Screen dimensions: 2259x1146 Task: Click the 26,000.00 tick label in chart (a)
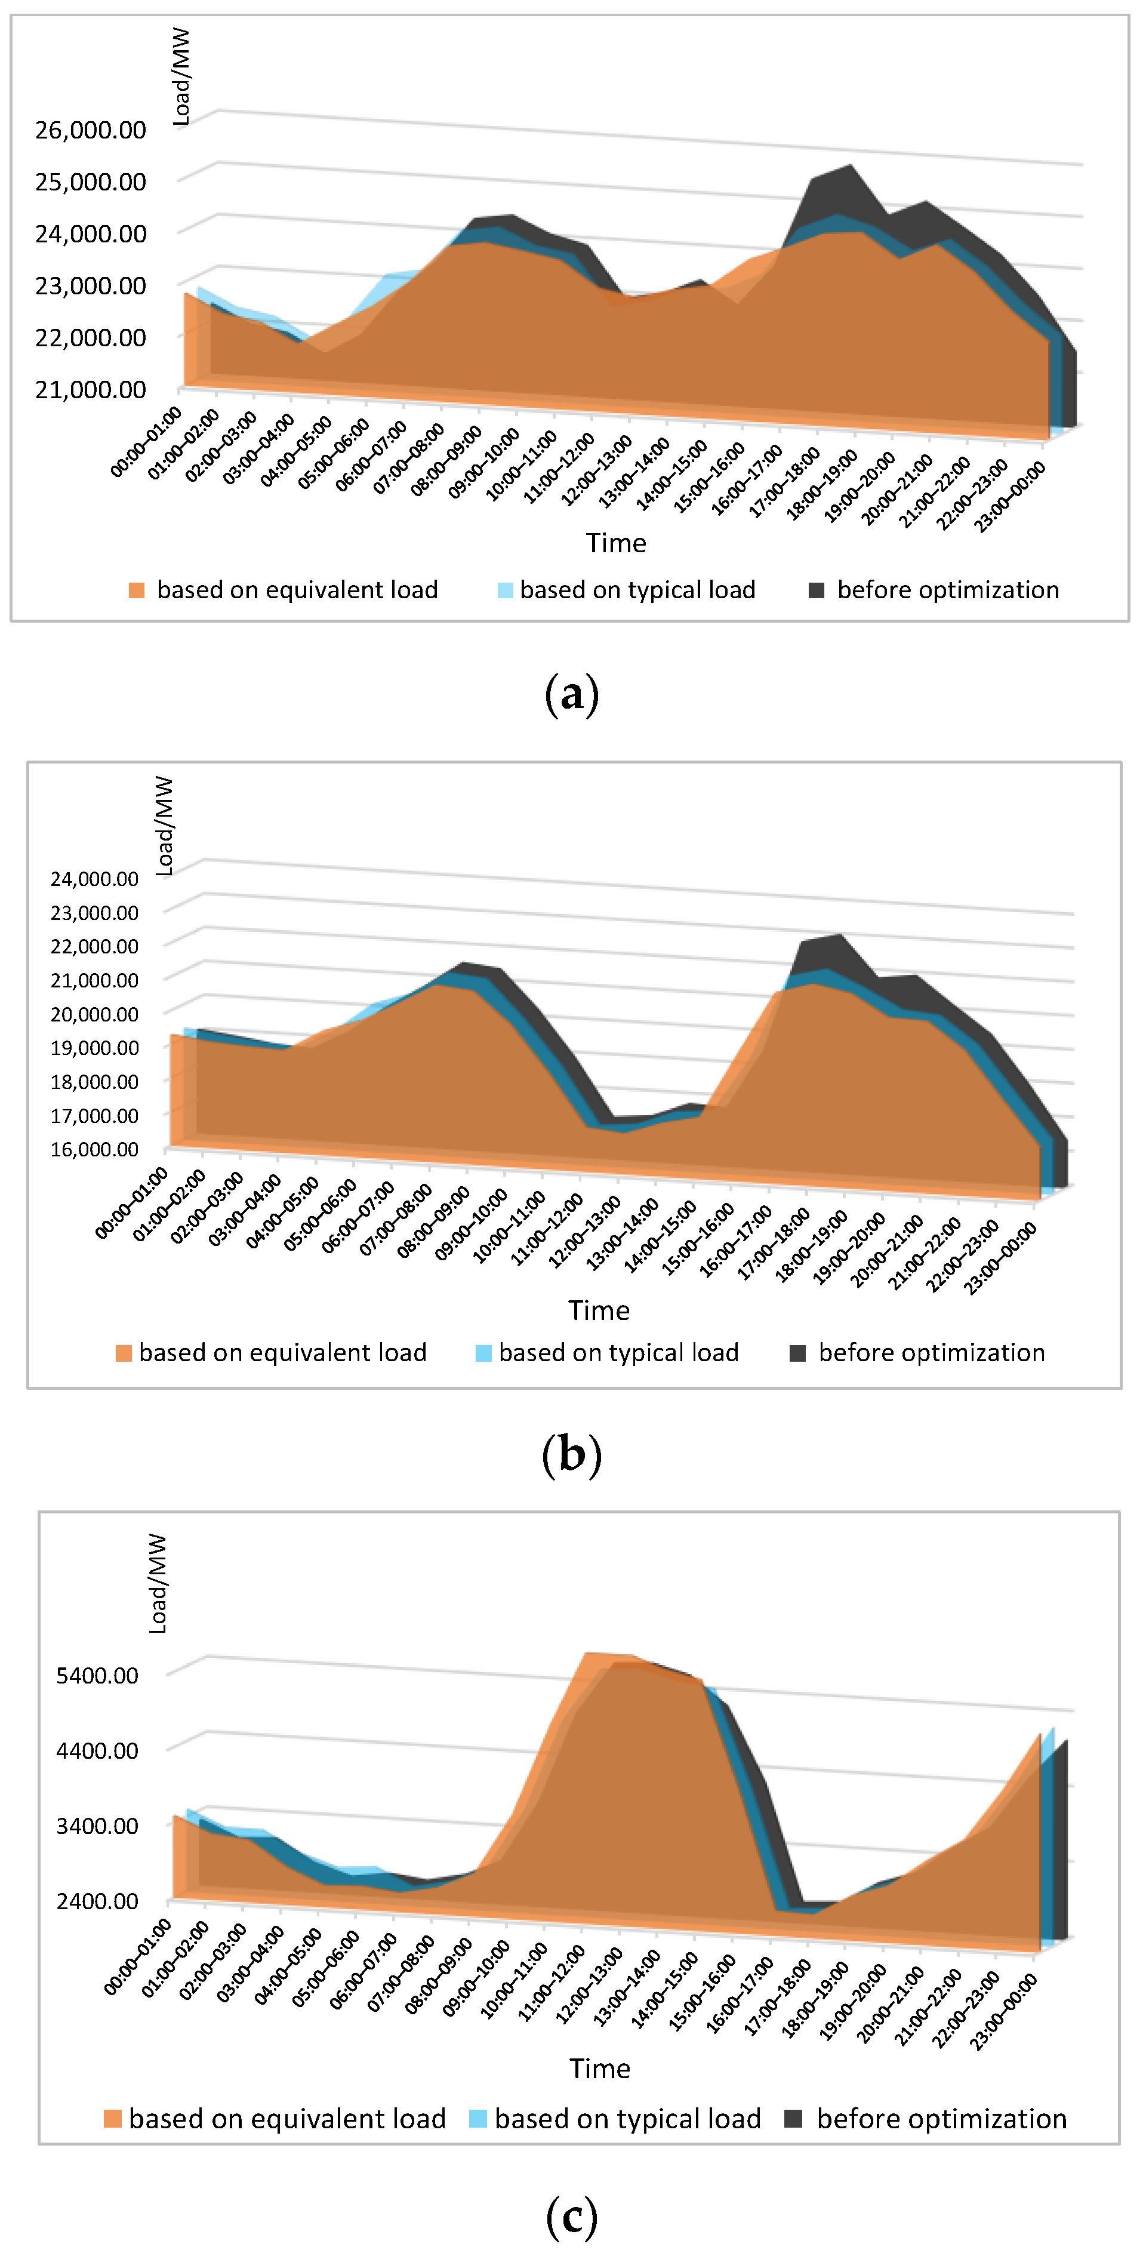90,130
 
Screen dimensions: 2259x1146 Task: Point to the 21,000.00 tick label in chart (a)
90,389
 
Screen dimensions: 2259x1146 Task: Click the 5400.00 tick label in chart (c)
97,1675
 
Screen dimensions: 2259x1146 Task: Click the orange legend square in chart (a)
137,590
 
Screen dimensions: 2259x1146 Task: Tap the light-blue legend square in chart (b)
483,1353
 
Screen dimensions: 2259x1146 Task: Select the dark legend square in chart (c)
793,2118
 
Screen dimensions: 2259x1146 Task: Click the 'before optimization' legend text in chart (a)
948,590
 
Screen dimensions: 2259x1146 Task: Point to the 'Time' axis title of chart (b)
599,1310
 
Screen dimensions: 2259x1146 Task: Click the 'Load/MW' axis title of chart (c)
158,1584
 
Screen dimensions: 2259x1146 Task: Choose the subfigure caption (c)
572,2217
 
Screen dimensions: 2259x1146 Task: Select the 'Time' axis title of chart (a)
617,544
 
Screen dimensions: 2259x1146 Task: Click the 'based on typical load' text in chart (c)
628,2118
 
